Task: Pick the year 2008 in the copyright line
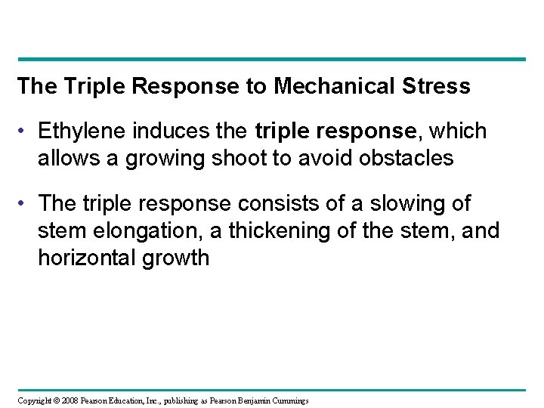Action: [65, 399]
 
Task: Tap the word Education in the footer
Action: [124, 399]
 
